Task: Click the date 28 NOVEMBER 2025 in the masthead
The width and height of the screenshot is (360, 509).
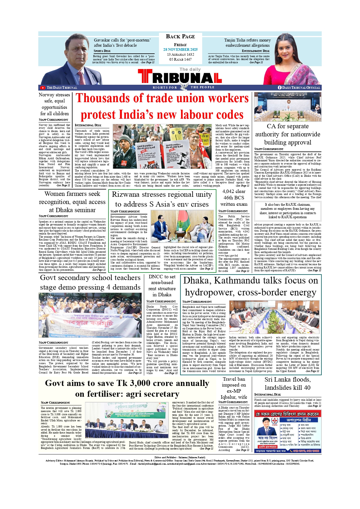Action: coord(180,50)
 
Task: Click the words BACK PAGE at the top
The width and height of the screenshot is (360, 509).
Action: coord(180,37)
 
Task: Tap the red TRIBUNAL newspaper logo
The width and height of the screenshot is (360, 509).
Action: coord(180,77)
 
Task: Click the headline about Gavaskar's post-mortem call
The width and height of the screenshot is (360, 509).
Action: coord(122,43)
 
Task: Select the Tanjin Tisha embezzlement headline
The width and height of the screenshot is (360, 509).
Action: coord(247,43)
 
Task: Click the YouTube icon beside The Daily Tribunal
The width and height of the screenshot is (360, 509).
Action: coord(43,88)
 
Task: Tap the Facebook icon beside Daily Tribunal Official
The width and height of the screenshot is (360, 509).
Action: coord(280,88)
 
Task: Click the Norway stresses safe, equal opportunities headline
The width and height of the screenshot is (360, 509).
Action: coord(55,104)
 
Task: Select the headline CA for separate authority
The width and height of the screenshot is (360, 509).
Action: coord(287,134)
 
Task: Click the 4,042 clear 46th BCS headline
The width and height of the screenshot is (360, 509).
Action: coord(234,198)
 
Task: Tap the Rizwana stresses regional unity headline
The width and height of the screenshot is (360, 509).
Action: coord(162,199)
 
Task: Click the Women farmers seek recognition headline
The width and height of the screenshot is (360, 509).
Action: coord(72,202)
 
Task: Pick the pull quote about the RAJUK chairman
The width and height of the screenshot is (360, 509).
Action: coord(287,211)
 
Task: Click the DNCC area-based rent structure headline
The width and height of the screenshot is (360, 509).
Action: coord(162,286)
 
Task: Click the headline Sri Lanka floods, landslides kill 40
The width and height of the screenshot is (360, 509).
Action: coord(287,384)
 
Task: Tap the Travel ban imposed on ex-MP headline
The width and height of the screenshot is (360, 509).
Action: coord(234,388)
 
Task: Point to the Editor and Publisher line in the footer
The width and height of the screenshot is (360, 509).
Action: coord(180,457)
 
